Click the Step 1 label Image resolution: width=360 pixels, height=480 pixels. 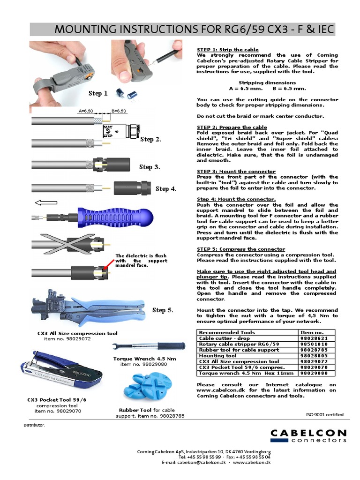(x=98, y=93)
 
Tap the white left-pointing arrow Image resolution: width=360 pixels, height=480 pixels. (x=46, y=203)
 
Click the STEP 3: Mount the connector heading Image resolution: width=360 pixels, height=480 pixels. (x=236, y=172)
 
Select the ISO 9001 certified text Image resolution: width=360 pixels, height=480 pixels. (x=324, y=414)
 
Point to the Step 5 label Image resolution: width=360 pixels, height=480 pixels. (x=163, y=310)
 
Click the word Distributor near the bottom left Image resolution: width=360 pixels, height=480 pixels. (x=34, y=425)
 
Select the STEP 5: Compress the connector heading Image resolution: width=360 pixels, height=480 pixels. (x=240, y=249)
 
